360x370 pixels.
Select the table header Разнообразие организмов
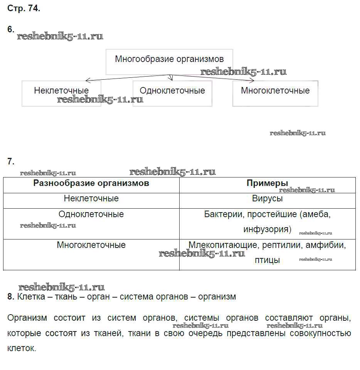91,183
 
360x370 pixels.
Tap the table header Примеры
267,183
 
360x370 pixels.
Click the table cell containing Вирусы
267,199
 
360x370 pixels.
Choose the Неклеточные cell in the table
91,199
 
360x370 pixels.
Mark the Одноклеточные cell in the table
91,214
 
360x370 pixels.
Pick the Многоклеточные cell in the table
91,245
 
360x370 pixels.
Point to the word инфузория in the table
267,229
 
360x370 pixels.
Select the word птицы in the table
267,260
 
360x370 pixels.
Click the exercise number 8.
10,297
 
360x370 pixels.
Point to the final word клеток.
21,348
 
